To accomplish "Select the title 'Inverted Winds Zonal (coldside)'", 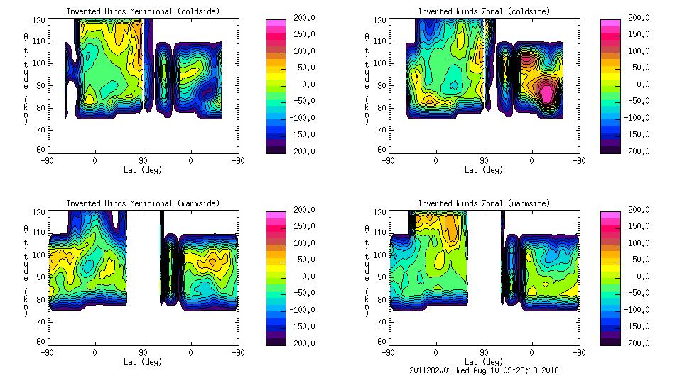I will click(484, 11).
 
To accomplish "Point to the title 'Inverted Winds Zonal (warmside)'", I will click(484, 203).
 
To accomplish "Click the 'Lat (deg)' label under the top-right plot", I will click(484, 169).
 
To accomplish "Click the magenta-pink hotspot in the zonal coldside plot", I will click(546, 93).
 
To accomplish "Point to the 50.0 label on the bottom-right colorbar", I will click(640, 260).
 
